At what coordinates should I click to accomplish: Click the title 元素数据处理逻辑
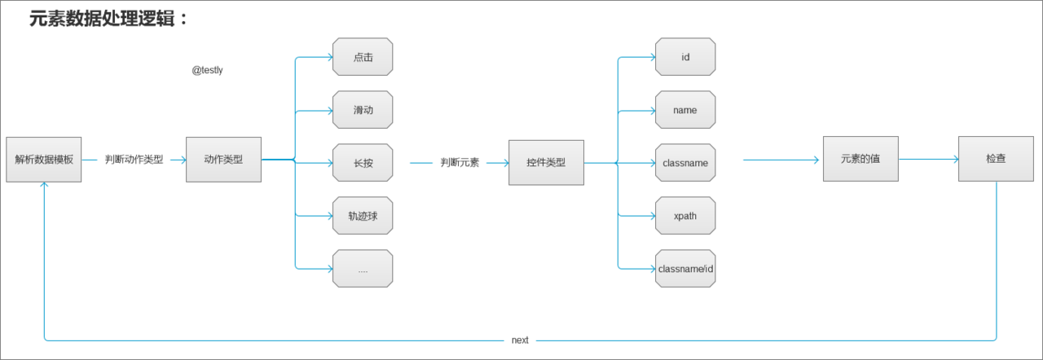(108, 19)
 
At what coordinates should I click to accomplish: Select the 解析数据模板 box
(44, 160)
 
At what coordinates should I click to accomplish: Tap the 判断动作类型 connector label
(134, 160)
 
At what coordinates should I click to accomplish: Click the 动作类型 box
(223, 160)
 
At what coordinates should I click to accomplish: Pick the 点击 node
(363, 57)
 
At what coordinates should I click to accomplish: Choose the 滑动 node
(363, 110)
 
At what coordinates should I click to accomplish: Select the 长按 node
(363, 163)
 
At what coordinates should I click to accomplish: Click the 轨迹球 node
(363, 216)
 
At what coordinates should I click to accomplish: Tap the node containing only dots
(363, 269)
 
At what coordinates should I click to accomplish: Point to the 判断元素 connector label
(460, 163)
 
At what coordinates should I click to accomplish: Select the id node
(685, 57)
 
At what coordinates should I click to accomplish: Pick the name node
(685, 110)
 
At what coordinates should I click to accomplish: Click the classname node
(685, 163)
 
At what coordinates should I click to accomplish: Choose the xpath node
(685, 216)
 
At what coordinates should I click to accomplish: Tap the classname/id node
(685, 269)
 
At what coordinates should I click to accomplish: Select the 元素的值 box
(860, 159)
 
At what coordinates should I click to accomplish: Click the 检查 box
(996, 159)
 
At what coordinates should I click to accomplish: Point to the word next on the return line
(520, 340)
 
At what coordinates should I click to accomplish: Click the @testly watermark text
(207, 71)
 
